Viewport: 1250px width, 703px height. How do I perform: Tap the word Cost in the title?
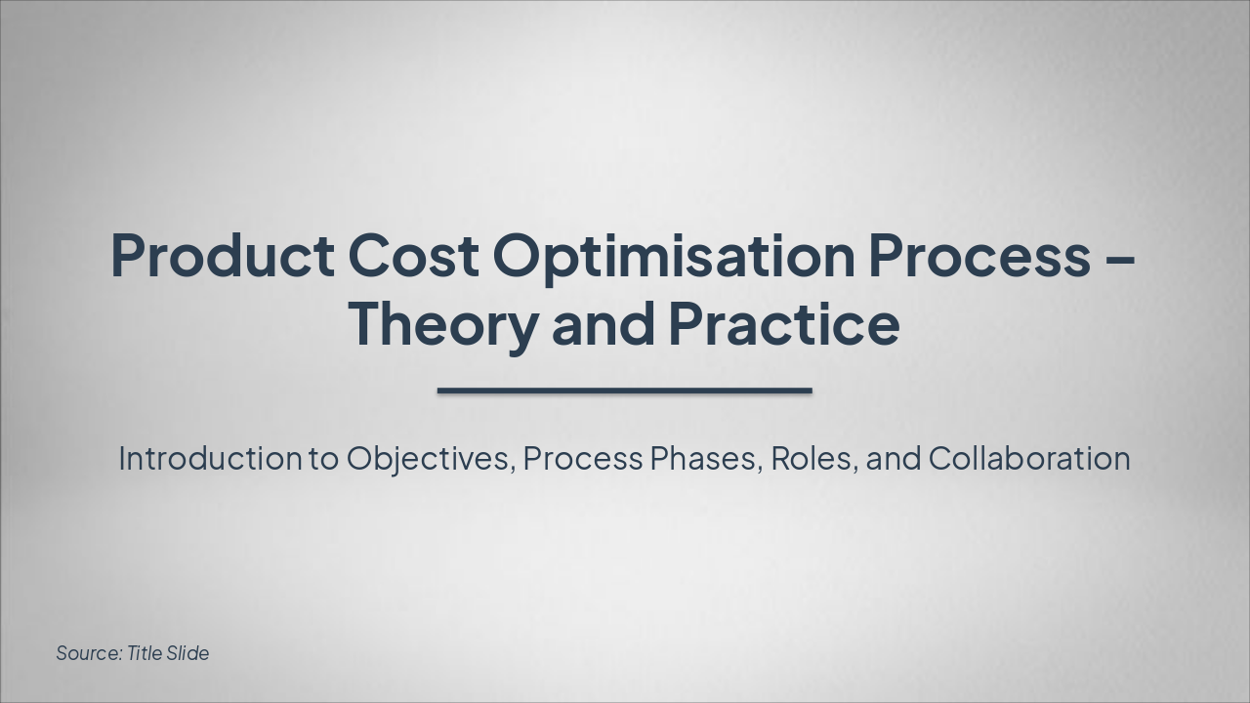coord(413,256)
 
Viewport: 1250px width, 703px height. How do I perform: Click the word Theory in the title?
coord(442,326)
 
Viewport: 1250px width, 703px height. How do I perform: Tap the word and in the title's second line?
coord(603,326)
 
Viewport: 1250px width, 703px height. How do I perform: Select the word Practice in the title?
coord(783,324)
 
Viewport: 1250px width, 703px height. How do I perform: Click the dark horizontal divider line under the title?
coord(625,391)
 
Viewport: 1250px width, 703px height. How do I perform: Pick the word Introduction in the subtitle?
coord(210,458)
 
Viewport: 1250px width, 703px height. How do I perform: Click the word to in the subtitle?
coord(323,458)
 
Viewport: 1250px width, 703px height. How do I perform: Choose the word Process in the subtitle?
coord(582,458)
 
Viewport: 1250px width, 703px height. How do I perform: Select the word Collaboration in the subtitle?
coord(1029,458)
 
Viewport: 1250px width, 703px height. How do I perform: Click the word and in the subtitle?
coord(894,458)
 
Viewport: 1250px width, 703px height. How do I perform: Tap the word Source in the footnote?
coord(88,653)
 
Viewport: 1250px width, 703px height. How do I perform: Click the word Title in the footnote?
coord(145,653)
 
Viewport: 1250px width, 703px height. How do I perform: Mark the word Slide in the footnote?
coord(187,653)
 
